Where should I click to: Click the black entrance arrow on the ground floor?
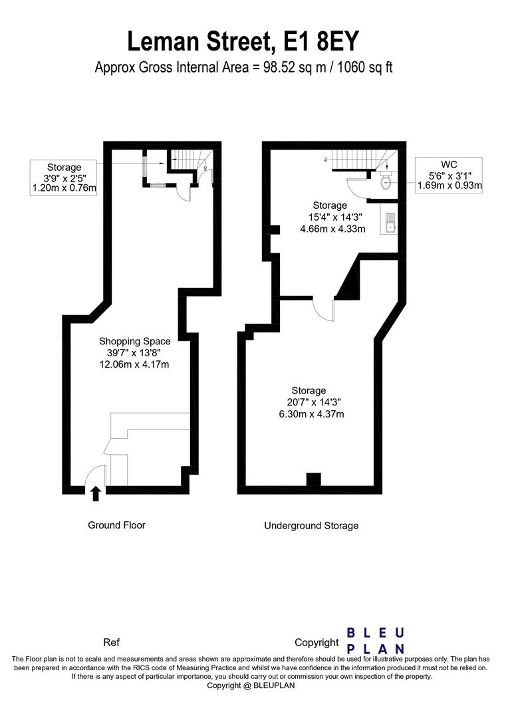tap(95, 493)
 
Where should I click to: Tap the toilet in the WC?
tap(385, 181)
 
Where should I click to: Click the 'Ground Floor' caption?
tap(116, 525)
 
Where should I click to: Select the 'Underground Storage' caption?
tap(311, 526)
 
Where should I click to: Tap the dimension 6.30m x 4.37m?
tap(311, 414)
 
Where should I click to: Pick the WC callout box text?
tap(449, 175)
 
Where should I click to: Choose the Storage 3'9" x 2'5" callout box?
tap(64, 178)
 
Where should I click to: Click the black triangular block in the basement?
tap(349, 283)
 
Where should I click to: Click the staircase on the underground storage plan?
tap(359, 160)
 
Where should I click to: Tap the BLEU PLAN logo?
tap(376, 640)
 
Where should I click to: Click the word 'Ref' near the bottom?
tap(112, 643)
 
